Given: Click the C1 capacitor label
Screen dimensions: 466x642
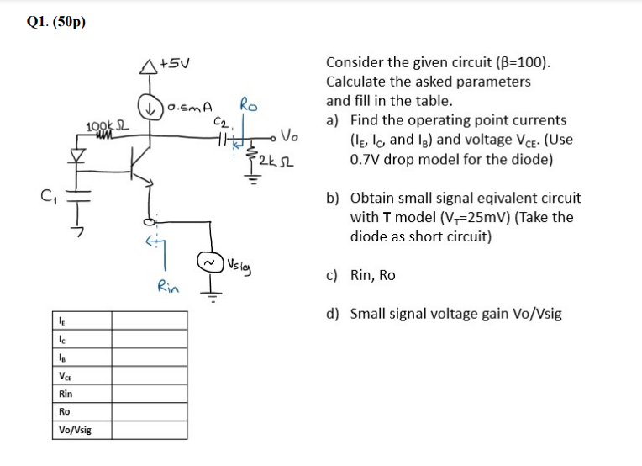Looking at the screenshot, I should click(x=50, y=200).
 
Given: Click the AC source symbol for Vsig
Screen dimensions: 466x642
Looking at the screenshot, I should click(x=208, y=262).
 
